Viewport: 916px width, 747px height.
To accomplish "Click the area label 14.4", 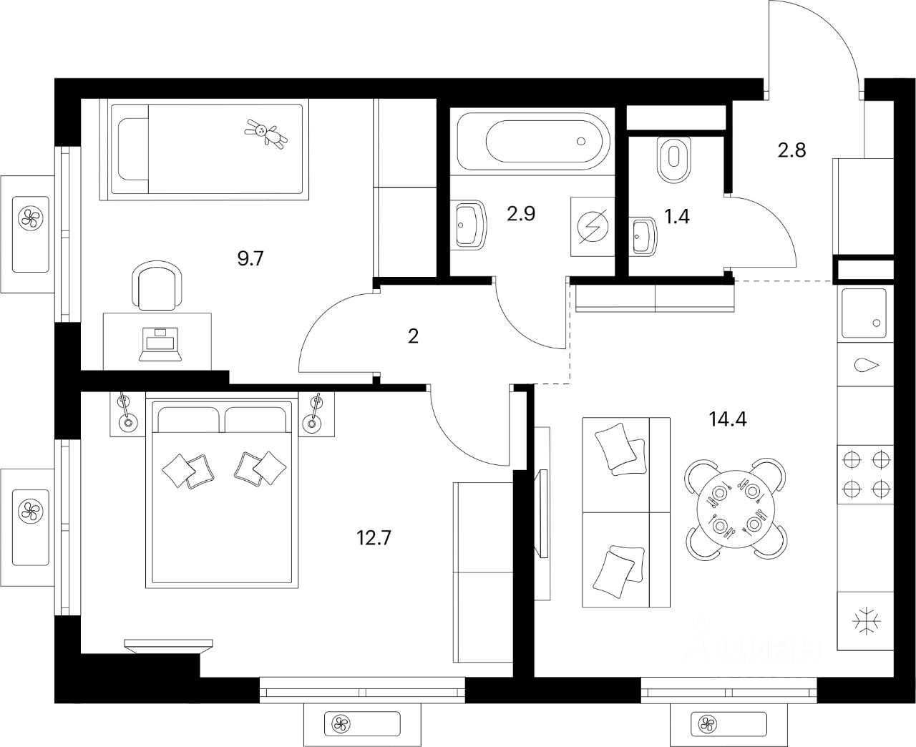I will (x=728, y=419).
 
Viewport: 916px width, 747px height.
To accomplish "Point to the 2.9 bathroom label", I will (x=521, y=214).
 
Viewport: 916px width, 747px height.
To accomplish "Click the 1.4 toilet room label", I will (x=677, y=216).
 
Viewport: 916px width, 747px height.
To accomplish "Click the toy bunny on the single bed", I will (x=266, y=133).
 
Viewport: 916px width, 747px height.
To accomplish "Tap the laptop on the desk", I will (x=160, y=343).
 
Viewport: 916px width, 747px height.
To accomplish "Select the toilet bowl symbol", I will (x=673, y=158).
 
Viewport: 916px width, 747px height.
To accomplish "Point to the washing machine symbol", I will (x=593, y=227).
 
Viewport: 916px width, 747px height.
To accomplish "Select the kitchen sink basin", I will (x=864, y=313).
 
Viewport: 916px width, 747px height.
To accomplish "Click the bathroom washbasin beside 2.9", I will (x=469, y=225).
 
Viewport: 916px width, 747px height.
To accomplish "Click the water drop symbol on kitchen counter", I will (x=866, y=365).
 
